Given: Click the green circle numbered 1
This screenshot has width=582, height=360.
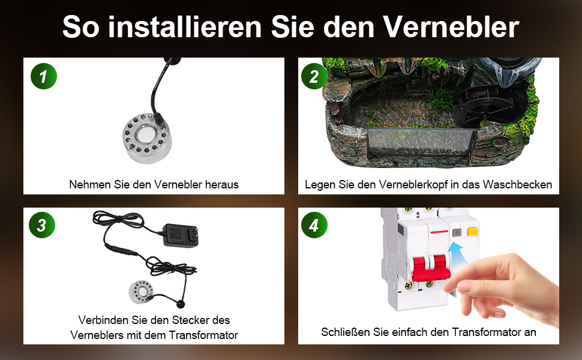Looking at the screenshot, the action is pyautogui.click(x=44, y=76).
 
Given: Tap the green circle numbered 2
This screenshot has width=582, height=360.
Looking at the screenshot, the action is pyautogui.click(x=314, y=76).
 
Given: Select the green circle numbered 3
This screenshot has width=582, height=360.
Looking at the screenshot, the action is pyautogui.click(x=42, y=225).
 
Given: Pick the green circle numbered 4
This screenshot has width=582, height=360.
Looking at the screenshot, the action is pyautogui.click(x=314, y=225).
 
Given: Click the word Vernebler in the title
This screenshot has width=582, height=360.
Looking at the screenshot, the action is pyautogui.click(x=451, y=27).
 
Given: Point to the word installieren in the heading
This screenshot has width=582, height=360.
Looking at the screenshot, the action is pyautogui.click(x=185, y=27).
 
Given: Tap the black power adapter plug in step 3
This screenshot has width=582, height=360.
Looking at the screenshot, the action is pyautogui.click(x=181, y=235).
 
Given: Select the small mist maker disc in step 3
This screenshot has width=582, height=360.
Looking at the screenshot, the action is pyautogui.click(x=140, y=292).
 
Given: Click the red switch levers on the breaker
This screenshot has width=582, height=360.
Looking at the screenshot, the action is pyautogui.click(x=431, y=268).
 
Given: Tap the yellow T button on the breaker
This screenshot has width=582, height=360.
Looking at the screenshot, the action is pyautogui.click(x=472, y=232).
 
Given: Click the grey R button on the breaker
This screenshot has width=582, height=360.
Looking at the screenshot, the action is pyautogui.click(x=457, y=233).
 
